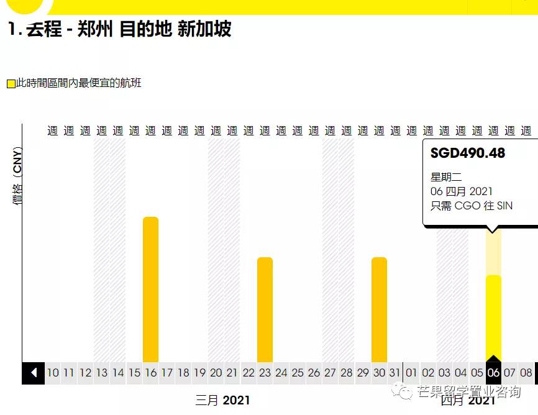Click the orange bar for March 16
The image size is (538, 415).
tap(151, 289)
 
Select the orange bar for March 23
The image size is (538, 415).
tap(265, 309)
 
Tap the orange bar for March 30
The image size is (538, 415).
tap(380, 309)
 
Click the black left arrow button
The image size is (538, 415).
tap(34, 373)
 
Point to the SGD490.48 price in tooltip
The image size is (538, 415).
tap(468, 153)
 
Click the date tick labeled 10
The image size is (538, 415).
tap(53, 373)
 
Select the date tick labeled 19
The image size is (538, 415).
tap(199, 373)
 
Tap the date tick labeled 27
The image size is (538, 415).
tap(330, 373)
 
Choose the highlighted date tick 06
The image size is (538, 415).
tap(493, 373)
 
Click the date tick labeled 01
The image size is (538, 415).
tap(411, 373)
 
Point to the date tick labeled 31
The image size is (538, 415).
tap(395, 373)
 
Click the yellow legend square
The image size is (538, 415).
tap(11, 84)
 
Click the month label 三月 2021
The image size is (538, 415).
tap(222, 400)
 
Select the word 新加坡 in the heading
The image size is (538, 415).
tap(204, 29)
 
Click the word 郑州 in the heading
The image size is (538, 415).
tap(95, 29)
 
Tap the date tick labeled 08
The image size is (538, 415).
tap(526, 373)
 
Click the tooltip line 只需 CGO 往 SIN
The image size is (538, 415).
tap(472, 206)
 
